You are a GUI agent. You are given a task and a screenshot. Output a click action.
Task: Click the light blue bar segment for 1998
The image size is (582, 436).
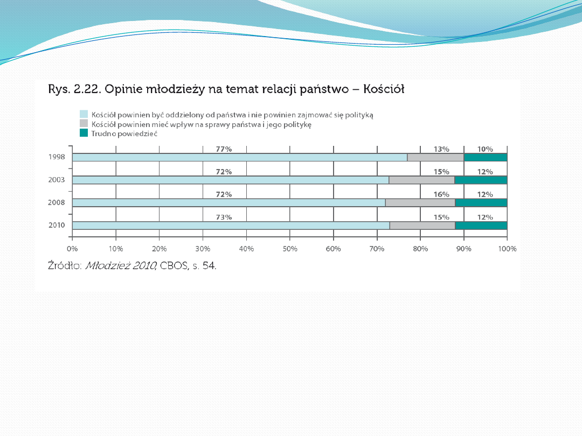pos(240,158)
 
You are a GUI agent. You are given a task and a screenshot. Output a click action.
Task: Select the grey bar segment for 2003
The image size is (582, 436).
pos(422,180)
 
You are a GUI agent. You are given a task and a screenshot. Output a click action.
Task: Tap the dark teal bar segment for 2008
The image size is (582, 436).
pos(481,203)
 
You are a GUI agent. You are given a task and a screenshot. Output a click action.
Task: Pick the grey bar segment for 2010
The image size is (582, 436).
pos(422,226)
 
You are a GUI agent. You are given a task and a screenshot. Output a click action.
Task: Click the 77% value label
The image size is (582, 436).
pos(224,149)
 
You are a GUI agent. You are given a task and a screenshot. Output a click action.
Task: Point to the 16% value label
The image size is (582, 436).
pos(441,194)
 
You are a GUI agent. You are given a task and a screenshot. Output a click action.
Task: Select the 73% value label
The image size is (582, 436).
pos(224,217)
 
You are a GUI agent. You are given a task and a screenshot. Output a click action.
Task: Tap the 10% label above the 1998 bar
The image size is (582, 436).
pos(485,149)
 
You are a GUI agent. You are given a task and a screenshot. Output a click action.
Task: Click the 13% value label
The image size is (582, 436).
pos(441,149)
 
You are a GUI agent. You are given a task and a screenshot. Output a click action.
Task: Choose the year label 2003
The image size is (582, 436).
pos(57,180)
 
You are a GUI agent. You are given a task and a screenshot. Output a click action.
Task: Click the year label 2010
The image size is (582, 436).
pos(57,225)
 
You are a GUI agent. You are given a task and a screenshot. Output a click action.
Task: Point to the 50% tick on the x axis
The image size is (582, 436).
pos(290,249)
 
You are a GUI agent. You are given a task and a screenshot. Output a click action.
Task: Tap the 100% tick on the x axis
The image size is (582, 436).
pos(507,249)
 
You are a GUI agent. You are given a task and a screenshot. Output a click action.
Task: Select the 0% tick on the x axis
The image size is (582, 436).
pos(72,249)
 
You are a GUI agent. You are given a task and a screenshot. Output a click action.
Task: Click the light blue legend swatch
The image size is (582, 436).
pos(84,114)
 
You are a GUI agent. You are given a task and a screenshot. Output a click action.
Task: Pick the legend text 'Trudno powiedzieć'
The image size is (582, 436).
pos(124,133)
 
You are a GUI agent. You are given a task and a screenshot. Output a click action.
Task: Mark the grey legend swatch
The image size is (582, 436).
pos(84,123)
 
